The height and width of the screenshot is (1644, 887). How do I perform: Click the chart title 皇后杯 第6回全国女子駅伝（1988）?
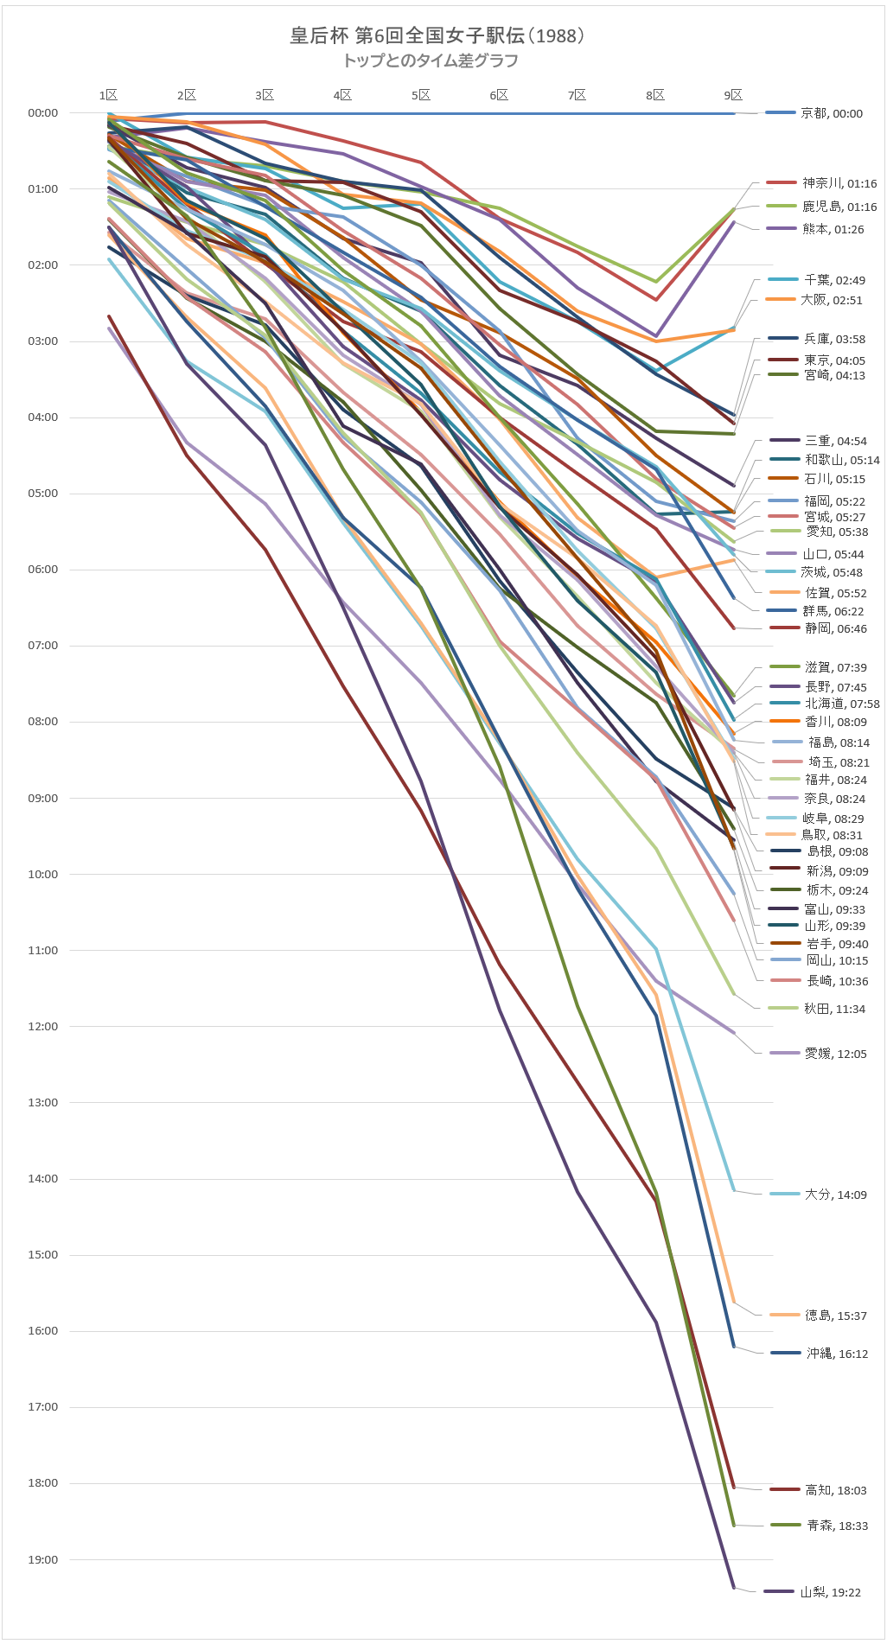pyautogui.click(x=437, y=35)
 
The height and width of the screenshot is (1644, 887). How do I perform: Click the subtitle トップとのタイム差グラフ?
pyautogui.click(x=431, y=61)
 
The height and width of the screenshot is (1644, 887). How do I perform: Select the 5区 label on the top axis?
pyautogui.click(x=421, y=95)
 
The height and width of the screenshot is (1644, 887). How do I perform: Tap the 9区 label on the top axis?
pyautogui.click(x=733, y=95)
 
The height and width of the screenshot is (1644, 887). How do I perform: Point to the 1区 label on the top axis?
pyautogui.click(x=108, y=95)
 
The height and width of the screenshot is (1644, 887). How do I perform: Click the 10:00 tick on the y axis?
pyautogui.click(x=42, y=874)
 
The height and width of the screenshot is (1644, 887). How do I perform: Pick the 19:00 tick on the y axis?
pyautogui.click(x=42, y=1559)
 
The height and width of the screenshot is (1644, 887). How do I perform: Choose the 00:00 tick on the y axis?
pyautogui.click(x=42, y=112)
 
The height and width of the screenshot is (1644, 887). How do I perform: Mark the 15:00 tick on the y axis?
pyautogui.click(x=42, y=1254)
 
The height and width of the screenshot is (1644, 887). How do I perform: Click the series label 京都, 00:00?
pyautogui.click(x=831, y=113)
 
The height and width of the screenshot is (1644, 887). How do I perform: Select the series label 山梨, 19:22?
pyautogui.click(x=830, y=1592)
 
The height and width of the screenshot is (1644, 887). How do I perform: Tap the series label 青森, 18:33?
pyautogui.click(x=837, y=1526)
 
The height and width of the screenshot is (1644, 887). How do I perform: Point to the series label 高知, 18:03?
pyautogui.click(x=835, y=1490)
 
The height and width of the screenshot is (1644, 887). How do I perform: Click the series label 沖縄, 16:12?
pyautogui.click(x=837, y=1354)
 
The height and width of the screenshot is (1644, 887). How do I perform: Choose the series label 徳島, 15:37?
pyautogui.click(x=835, y=1316)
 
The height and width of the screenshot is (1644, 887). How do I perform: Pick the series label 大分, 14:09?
pyautogui.click(x=835, y=1195)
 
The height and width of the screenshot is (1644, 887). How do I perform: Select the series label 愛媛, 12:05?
pyautogui.click(x=835, y=1054)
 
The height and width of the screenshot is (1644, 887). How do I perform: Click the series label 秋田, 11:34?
pyautogui.click(x=833, y=1009)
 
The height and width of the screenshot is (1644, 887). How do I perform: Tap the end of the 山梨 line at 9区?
pyautogui.click(x=734, y=1588)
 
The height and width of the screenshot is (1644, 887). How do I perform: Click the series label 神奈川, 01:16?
pyautogui.click(x=839, y=183)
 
